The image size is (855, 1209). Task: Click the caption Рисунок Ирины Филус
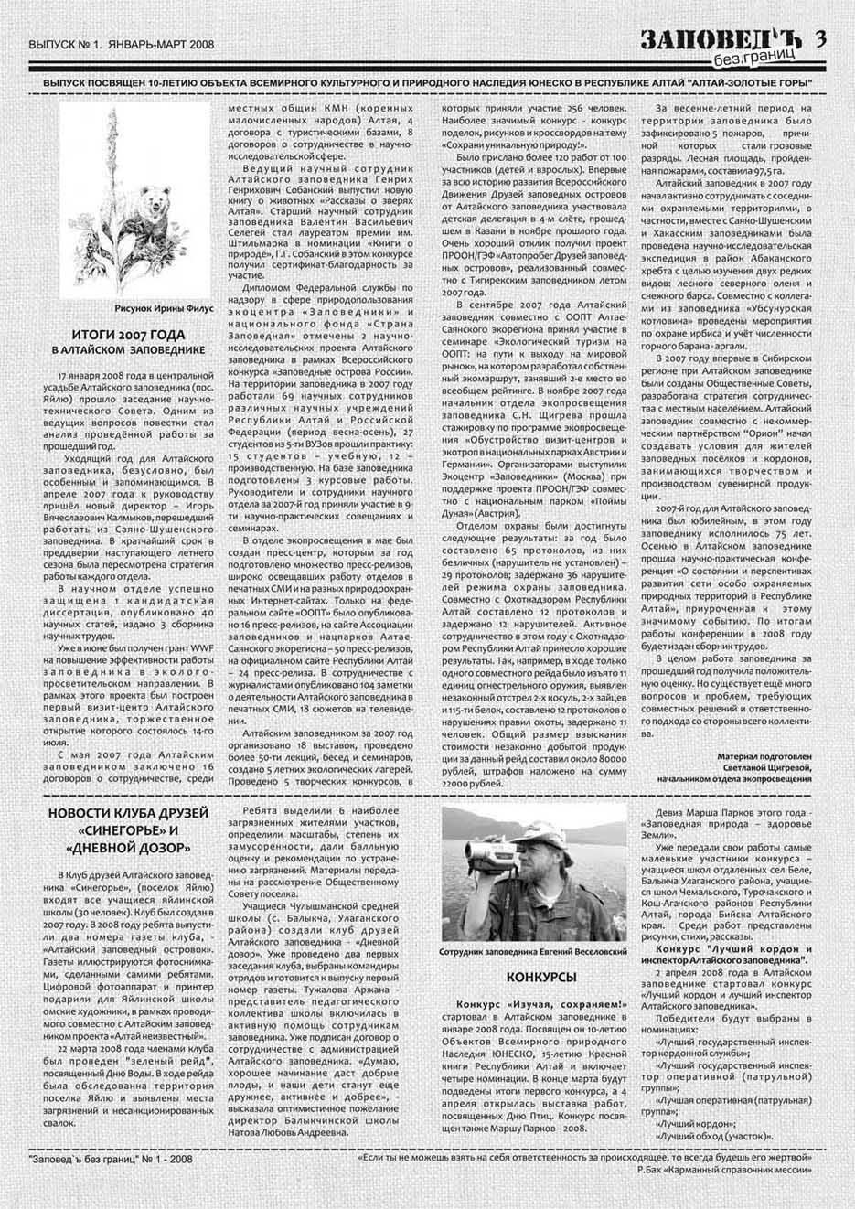(165, 308)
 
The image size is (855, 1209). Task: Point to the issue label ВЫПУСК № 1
(63, 43)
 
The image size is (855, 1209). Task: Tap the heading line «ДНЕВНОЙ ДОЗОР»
(128, 849)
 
